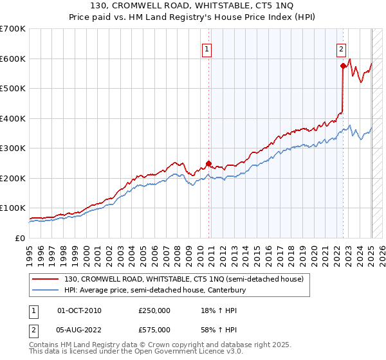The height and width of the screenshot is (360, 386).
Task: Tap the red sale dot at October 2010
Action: pyautogui.click(x=208, y=163)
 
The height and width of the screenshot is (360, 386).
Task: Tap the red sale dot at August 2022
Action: pyautogui.click(x=343, y=66)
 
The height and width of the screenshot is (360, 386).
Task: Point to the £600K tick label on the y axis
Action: pyautogui.click(x=13, y=59)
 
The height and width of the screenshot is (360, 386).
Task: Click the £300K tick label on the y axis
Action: pyautogui.click(x=13, y=148)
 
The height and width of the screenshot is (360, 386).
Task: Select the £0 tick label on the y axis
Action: pyautogui.click(x=21, y=238)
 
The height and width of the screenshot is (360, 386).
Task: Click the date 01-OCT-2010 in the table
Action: pyautogui.click(x=79, y=311)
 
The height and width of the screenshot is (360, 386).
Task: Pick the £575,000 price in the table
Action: pyautogui.click(x=154, y=329)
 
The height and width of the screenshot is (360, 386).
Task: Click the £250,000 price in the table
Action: pyautogui.click(x=154, y=311)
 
